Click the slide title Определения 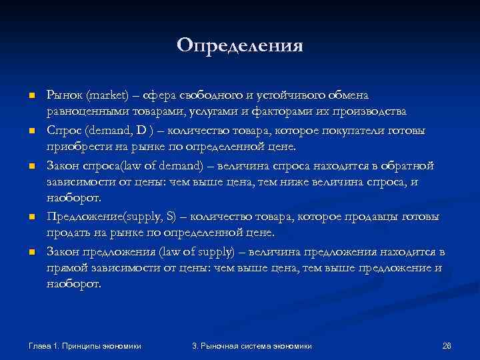click(240, 45)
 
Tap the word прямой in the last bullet click(67, 268)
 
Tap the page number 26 click(447, 345)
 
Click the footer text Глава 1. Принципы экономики click(89, 345)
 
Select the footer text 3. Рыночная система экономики click(251, 345)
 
